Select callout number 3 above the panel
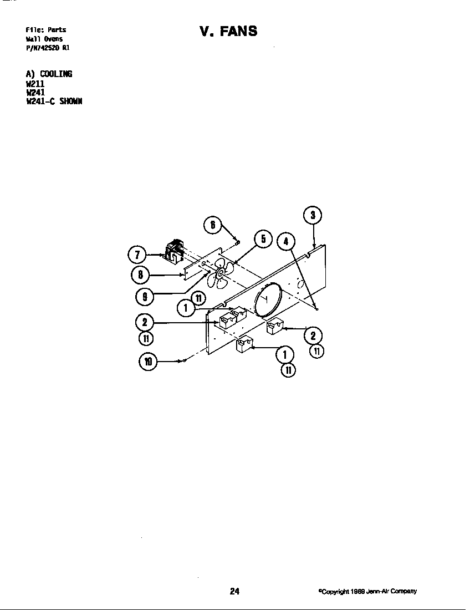(313, 215)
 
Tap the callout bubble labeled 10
(147, 362)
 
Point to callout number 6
(212, 225)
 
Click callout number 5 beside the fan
(263, 239)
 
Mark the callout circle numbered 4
(286, 241)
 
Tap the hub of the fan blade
(220, 273)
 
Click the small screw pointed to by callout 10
(184, 361)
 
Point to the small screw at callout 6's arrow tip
(237, 242)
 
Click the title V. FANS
(228, 32)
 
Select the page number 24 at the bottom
(234, 591)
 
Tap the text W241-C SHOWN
(54, 101)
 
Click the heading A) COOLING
(49, 74)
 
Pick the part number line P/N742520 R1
(48, 48)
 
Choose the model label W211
(35, 83)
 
